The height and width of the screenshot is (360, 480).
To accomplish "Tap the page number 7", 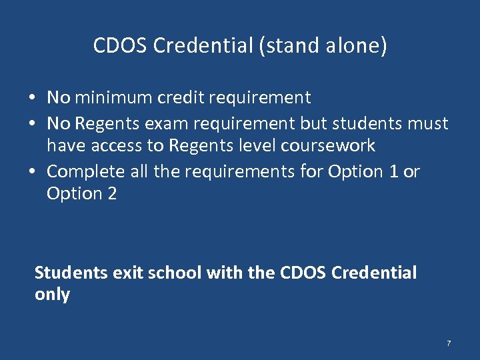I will (449, 343).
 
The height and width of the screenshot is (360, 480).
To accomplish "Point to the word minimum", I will (113, 98).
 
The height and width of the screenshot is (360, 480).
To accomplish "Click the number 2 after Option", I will (111, 194).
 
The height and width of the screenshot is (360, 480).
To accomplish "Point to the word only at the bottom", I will (52, 295).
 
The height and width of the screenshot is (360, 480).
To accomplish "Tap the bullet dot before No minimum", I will (32, 99).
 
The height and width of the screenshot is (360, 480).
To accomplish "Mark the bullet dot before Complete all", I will (32, 172).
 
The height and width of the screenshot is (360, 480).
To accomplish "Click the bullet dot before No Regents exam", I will (32, 124).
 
